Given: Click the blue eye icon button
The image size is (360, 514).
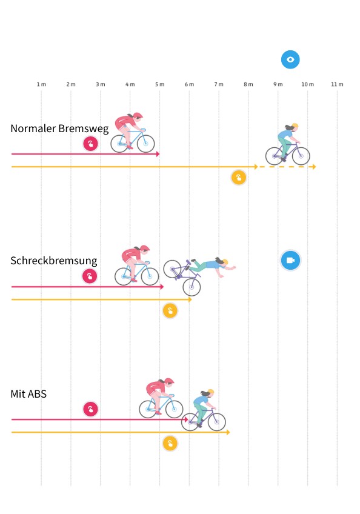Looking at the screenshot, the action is pos(290,59).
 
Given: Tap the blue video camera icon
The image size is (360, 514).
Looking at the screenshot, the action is pos(290,260).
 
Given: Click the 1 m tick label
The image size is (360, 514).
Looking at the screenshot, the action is pos(41,84).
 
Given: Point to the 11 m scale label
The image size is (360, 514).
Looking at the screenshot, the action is pos(337,84).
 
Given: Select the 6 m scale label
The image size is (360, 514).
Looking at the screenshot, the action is pos(189,84).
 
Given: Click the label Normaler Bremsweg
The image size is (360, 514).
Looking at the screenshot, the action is pos(59,128).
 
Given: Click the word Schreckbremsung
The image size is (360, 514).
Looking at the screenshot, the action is pos(54,261).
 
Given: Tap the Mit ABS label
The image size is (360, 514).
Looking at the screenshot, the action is pos(28,394).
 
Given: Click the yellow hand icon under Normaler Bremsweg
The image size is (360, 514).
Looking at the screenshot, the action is pos(239,178).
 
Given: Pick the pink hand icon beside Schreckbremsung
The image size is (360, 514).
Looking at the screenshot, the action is pos(90,276).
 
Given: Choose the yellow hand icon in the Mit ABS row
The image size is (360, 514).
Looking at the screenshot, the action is pos(170,444).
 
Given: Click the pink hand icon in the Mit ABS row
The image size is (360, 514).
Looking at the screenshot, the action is pos(90,409).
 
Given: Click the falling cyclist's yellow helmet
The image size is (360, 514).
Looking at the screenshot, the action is pos(225,262).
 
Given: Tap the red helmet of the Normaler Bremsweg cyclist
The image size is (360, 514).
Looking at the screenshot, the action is pos(138,115).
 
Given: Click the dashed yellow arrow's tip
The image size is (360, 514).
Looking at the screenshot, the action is pos(315,167).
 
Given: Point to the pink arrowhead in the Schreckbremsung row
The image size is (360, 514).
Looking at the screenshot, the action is pos(162,287).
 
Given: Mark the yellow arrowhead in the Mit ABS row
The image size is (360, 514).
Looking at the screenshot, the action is pos(228,432).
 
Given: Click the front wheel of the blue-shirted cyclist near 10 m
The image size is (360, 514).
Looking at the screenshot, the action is pos(301,156).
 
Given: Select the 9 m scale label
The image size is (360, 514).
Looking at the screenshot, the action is pos(278,84).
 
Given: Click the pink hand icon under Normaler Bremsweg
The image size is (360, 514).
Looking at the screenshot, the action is pos(90,144).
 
